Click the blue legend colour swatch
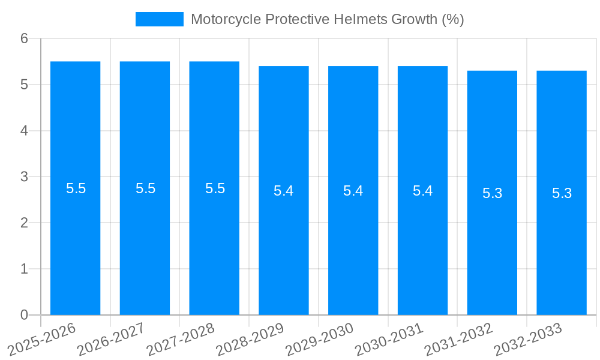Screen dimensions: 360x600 tap(159, 19)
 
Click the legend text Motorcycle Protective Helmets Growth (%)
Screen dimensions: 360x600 tap(327, 19)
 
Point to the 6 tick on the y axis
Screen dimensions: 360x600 tap(24, 38)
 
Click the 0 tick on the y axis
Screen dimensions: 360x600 tap(24, 315)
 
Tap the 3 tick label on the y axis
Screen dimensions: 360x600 tap(24, 177)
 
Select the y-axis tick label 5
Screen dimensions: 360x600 tap(24, 85)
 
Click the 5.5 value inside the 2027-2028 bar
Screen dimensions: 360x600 tap(215, 188)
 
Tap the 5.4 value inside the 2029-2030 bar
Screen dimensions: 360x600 tap(353, 191)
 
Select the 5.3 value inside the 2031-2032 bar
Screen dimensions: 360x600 tap(492, 193)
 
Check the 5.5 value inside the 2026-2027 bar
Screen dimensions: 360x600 tap(145, 188)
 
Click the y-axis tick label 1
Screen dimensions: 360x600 tap(24, 269)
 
